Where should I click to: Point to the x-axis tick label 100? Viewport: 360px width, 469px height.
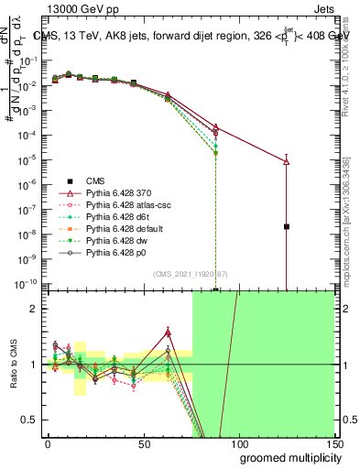point(238,443)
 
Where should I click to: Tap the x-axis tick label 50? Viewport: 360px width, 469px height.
point(143,443)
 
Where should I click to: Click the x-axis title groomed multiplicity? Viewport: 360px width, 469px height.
point(286,457)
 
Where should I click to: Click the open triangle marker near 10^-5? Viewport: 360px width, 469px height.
point(287,161)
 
